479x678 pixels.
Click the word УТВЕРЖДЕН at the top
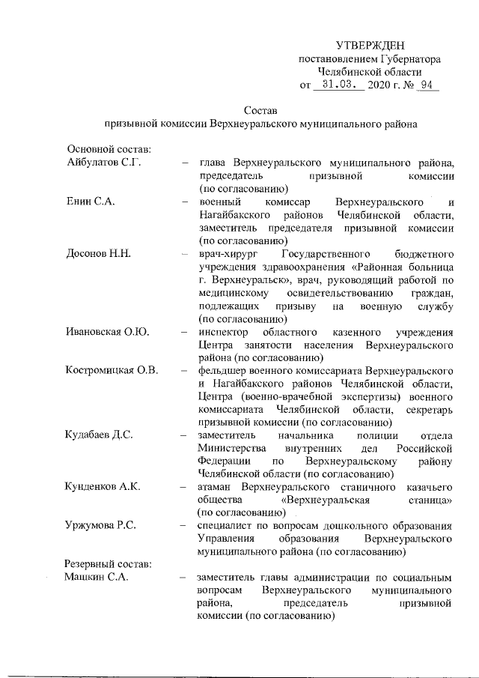(370, 46)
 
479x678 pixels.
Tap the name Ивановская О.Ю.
(104, 332)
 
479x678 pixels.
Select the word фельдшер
(222, 372)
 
